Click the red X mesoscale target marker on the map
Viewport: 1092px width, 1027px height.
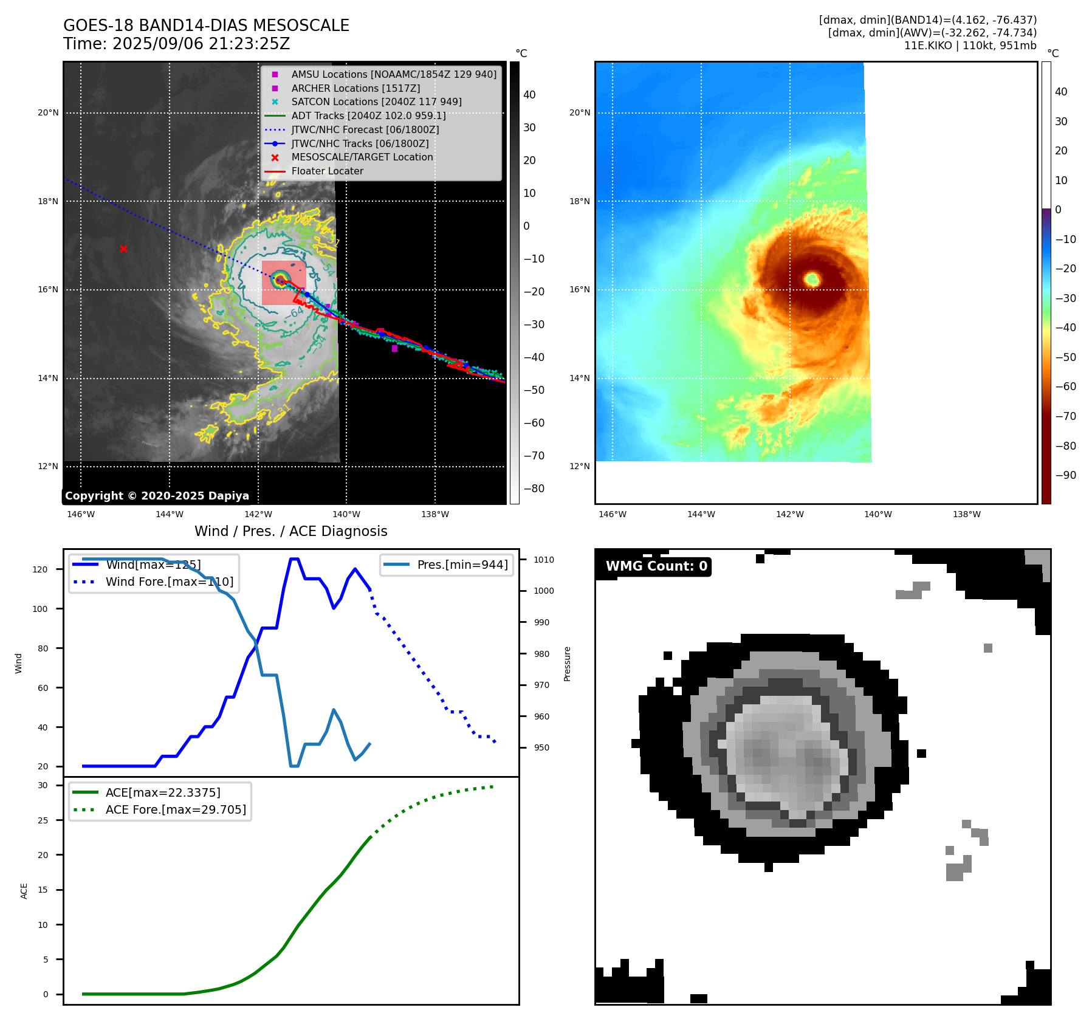123,249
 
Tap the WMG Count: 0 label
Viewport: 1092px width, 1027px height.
656,566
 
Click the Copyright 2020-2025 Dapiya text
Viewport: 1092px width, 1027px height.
157,496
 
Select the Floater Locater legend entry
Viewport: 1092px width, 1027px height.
327,171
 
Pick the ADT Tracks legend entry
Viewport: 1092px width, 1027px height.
368,116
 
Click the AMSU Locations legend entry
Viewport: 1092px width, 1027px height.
394,74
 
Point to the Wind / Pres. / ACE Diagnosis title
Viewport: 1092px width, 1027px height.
290,531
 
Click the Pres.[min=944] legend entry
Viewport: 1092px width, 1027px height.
462,565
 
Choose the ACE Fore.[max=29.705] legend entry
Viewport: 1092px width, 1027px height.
176,809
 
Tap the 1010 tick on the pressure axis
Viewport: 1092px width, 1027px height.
544,560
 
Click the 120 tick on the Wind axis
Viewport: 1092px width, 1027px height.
40,569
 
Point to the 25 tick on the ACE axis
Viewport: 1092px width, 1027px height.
43,820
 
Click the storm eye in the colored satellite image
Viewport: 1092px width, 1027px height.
812,280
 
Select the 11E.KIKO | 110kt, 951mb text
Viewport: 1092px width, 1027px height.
970,46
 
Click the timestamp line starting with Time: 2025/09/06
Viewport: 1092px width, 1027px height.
176,44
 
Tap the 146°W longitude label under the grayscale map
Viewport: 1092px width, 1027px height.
81,514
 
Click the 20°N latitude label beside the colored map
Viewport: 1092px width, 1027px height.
579,112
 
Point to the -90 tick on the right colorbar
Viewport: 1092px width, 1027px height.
1065,475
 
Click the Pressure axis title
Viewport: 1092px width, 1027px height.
567,664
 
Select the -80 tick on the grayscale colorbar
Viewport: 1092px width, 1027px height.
534,489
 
